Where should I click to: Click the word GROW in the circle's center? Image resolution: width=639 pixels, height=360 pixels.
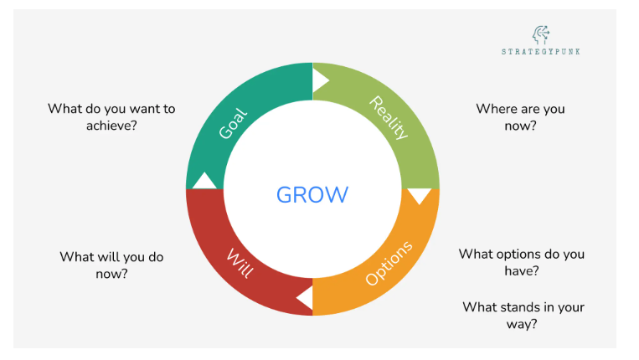point(312,195)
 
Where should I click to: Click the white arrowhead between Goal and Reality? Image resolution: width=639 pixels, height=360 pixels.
point(320,80)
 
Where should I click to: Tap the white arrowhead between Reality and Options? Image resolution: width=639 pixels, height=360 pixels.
point(419,197)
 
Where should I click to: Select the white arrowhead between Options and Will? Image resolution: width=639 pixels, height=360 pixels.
point(305,297)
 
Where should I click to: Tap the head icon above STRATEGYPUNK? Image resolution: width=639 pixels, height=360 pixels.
point(542,34)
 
